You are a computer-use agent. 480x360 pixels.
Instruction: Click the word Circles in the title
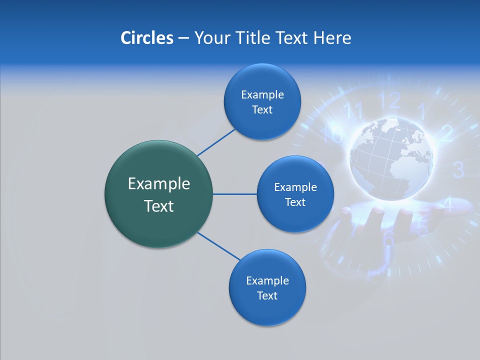click(x=146, y=37)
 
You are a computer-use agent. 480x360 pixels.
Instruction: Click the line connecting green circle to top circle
click(x=216, y=142)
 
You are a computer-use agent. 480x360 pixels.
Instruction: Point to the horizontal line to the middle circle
click(x=234, y=194)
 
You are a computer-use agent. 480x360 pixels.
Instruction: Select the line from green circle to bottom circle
click(x=218, y=246)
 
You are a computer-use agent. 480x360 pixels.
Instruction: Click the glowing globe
click(x=391, y=159)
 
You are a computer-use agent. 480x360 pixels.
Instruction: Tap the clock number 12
click(x=390, y=100)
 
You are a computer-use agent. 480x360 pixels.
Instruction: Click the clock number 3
click(x=458, y=169)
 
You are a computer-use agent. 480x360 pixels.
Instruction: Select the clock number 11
click(x=353, y=111)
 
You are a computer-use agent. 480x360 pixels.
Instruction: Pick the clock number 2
click(x=446, y=133)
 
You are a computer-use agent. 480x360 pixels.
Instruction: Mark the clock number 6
click(x=388, y=239)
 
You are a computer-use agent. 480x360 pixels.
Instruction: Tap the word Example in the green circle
click(x=158, y=184)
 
